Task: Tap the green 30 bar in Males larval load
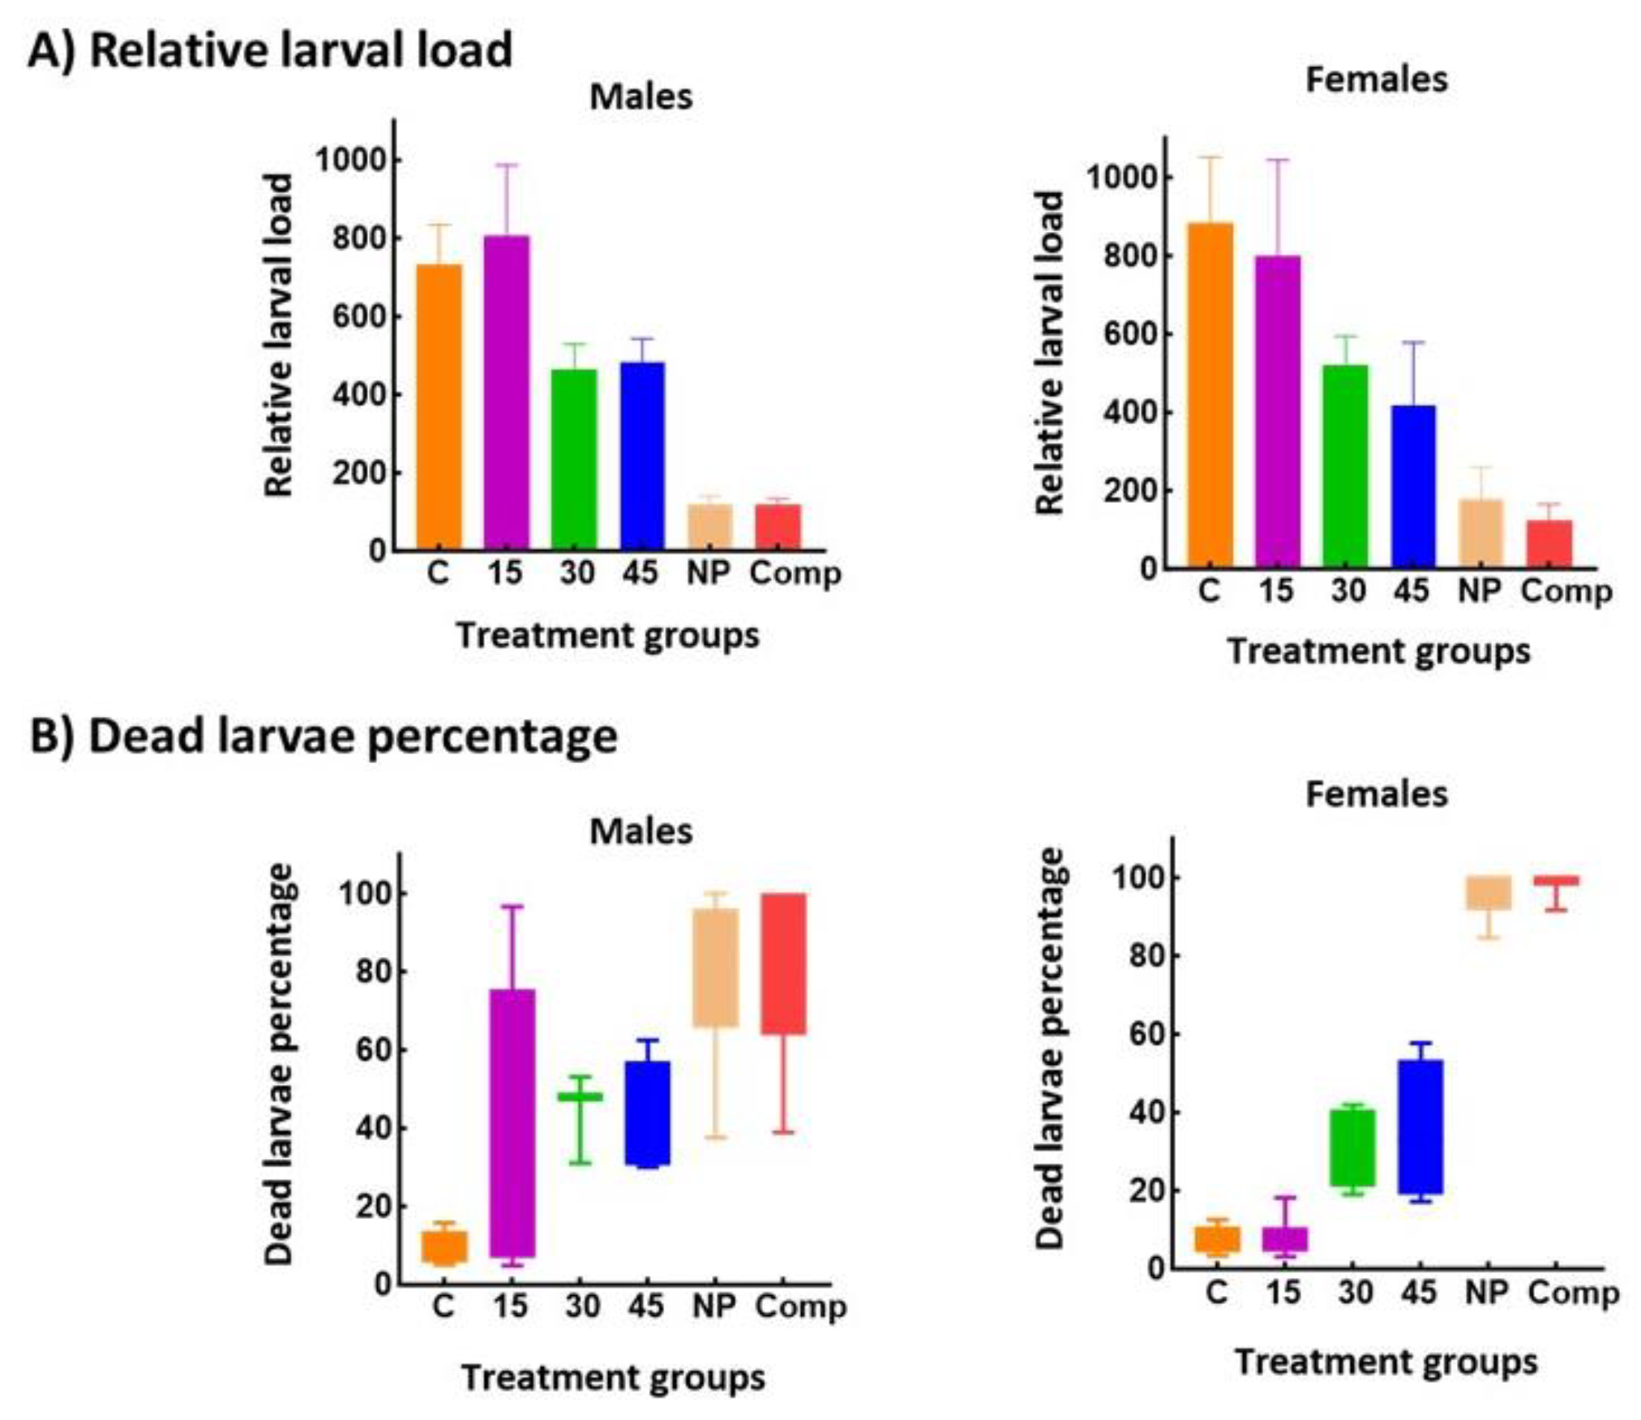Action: [x=574, y=459]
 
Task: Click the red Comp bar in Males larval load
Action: [x=778, y=526]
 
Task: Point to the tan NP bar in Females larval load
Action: [x=1480, y=533]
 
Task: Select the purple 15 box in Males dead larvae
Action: [x=512, y=1122]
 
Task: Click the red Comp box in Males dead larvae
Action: [x=783, y=963]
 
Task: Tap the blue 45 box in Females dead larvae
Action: [x=1420, y=1126]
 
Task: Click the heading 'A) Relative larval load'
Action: [x=270, y=49]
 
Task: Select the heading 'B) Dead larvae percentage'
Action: [x=323, y=737]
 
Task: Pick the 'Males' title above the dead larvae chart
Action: [x=641, y=831]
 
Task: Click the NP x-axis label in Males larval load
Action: [x=709, y=573]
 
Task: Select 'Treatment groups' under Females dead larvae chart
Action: [x=1386, y=1362]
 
